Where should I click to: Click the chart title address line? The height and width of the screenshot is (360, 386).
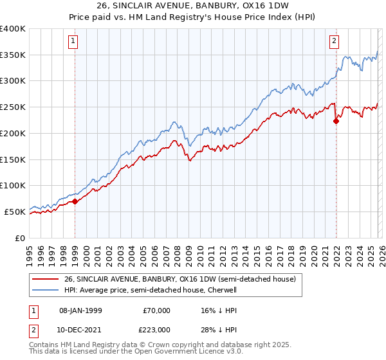click(192, 6)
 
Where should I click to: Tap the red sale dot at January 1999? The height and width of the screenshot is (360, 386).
click(75, 201)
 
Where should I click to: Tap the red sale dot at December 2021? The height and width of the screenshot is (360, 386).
click(336, 120)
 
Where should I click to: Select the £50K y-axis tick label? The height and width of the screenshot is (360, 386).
click(15, 212)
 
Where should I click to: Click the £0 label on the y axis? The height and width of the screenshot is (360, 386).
click(20, 238)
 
